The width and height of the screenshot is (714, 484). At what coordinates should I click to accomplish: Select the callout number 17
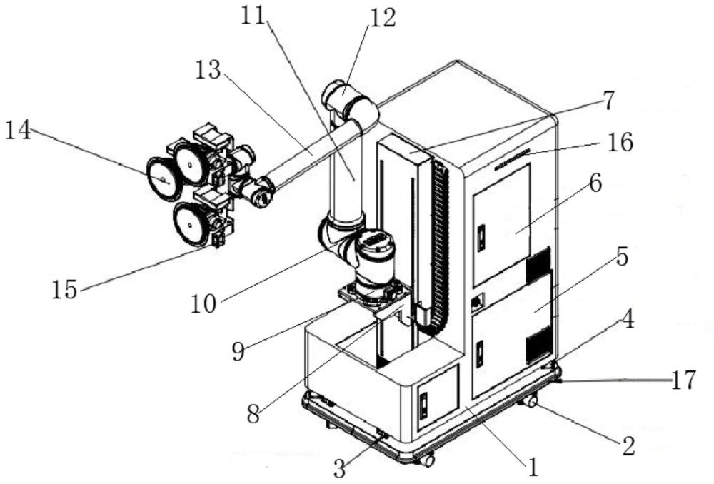click(683, 380)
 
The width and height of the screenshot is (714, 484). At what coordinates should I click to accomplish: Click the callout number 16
click(620, 143)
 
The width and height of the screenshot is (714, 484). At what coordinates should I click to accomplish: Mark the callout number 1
click(531, 468)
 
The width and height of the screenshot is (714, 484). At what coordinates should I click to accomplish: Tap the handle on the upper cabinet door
click(481, 238)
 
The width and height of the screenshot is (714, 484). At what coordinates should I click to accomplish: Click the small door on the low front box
click(437, 398)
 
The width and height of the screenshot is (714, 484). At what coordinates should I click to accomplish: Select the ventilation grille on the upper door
click(538, 266)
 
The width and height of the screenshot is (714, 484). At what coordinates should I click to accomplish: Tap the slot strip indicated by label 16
click(511, 159)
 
